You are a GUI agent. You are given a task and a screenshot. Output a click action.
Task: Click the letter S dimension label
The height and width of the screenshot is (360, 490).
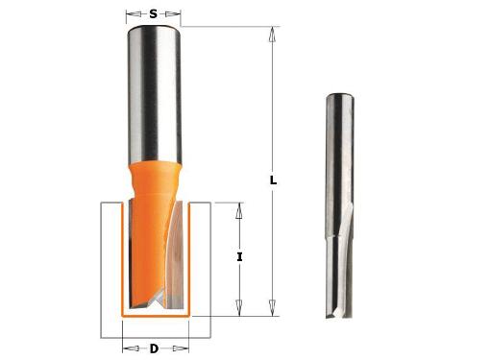pos(154,14)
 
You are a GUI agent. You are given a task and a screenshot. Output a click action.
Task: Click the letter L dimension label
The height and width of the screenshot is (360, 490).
pos(273,180)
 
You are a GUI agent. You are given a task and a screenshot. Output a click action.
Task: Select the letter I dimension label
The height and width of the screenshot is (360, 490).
pos(239,256)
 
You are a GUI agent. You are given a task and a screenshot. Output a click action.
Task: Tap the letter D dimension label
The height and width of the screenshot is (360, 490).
pos(154,348)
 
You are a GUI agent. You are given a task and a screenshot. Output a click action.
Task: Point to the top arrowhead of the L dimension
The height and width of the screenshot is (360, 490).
pos(273,34)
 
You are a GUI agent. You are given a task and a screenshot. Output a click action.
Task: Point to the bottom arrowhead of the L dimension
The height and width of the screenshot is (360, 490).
pos(273,308)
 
